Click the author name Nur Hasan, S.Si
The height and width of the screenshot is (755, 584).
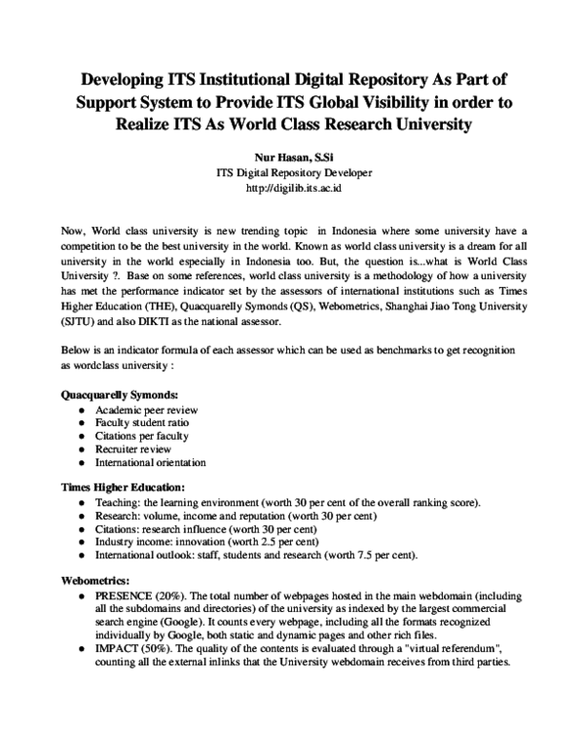[x=292, y=156]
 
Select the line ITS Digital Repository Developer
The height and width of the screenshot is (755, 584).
[x=292, y=171]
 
